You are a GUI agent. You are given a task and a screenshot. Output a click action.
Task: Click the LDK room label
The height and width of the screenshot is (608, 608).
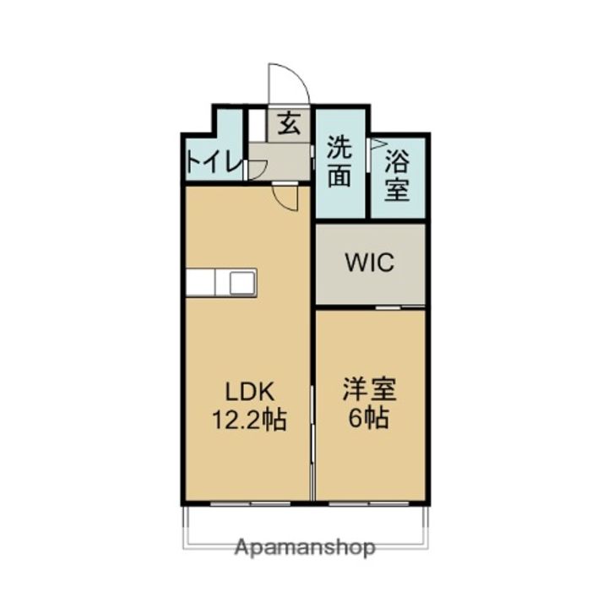[249, 392]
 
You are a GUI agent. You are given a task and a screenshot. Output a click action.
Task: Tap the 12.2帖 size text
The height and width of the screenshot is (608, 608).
[249, 419]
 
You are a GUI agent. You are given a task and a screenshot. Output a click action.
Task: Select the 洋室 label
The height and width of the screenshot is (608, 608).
[369, 392]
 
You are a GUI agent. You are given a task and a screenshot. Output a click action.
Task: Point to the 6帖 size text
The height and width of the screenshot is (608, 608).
[369, 419]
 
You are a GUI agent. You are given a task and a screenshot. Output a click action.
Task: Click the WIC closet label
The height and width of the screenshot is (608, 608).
[370, 263]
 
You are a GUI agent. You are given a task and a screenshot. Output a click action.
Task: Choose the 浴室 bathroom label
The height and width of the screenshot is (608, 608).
[398, 175]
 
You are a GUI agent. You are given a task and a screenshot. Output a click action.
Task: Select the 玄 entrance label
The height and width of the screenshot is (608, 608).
[289, 125]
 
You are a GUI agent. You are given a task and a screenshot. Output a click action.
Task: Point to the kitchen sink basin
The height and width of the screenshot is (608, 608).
[242, 282]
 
